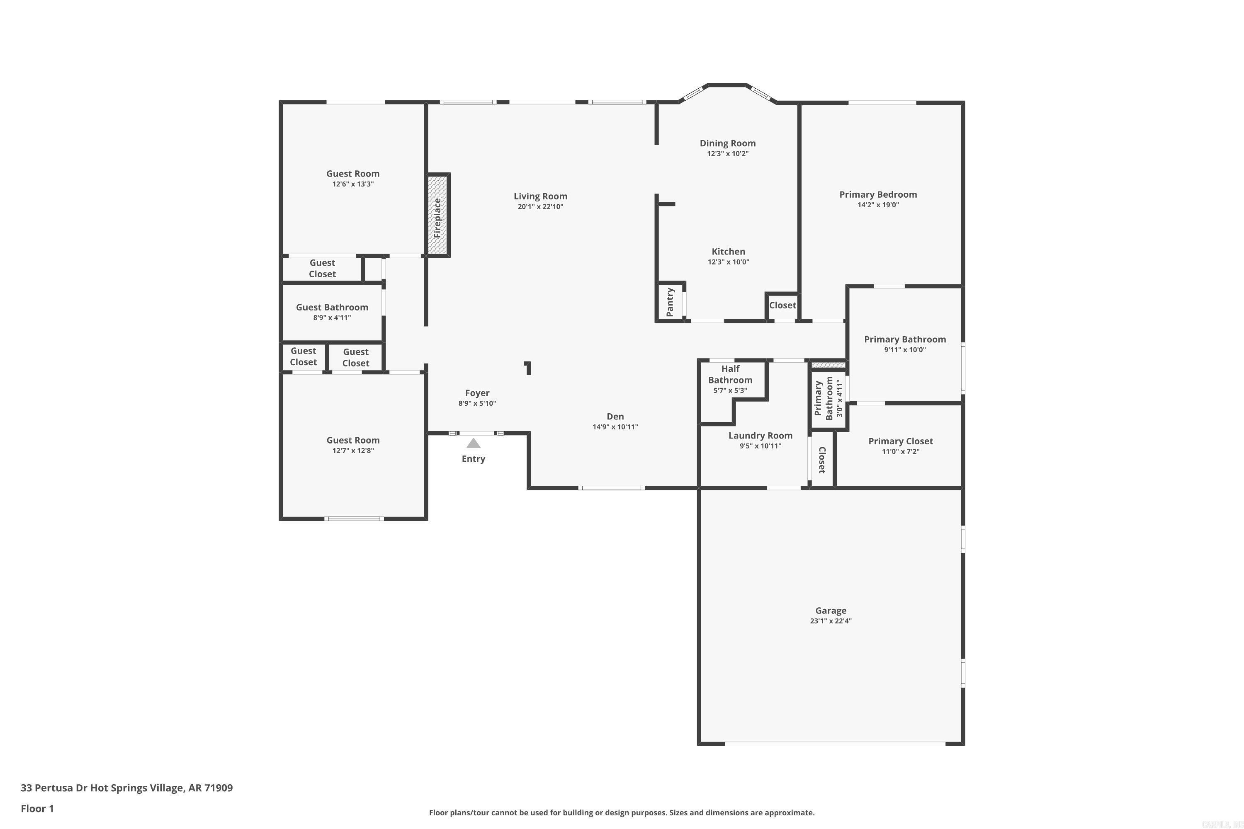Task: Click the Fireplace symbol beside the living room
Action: click(x=438, y=215)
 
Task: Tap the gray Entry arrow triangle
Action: click(x=474, y=443)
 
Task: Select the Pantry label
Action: click(x=670, y=302)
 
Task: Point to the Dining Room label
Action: click(x=727, y=143)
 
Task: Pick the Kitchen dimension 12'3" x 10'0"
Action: click(x=728, y=262)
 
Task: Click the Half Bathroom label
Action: click(x=730, y=374)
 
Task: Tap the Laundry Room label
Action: click(x=760, y=436)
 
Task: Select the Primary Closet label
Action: click(x=900, y=441)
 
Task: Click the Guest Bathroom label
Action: click(x=332, y=307)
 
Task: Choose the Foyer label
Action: click(x=477, y=393)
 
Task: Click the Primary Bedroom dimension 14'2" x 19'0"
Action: click(x=878, y=205)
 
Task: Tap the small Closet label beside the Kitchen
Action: click(x=782, y=305)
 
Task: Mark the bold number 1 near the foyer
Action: click(x=527, y=368)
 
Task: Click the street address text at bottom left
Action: click(x=126, y=788)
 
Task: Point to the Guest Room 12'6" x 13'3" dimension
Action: click(x=353, y=184)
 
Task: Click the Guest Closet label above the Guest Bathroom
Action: click(x=322, y=268)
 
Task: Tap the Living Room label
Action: click(x=540, y=196)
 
